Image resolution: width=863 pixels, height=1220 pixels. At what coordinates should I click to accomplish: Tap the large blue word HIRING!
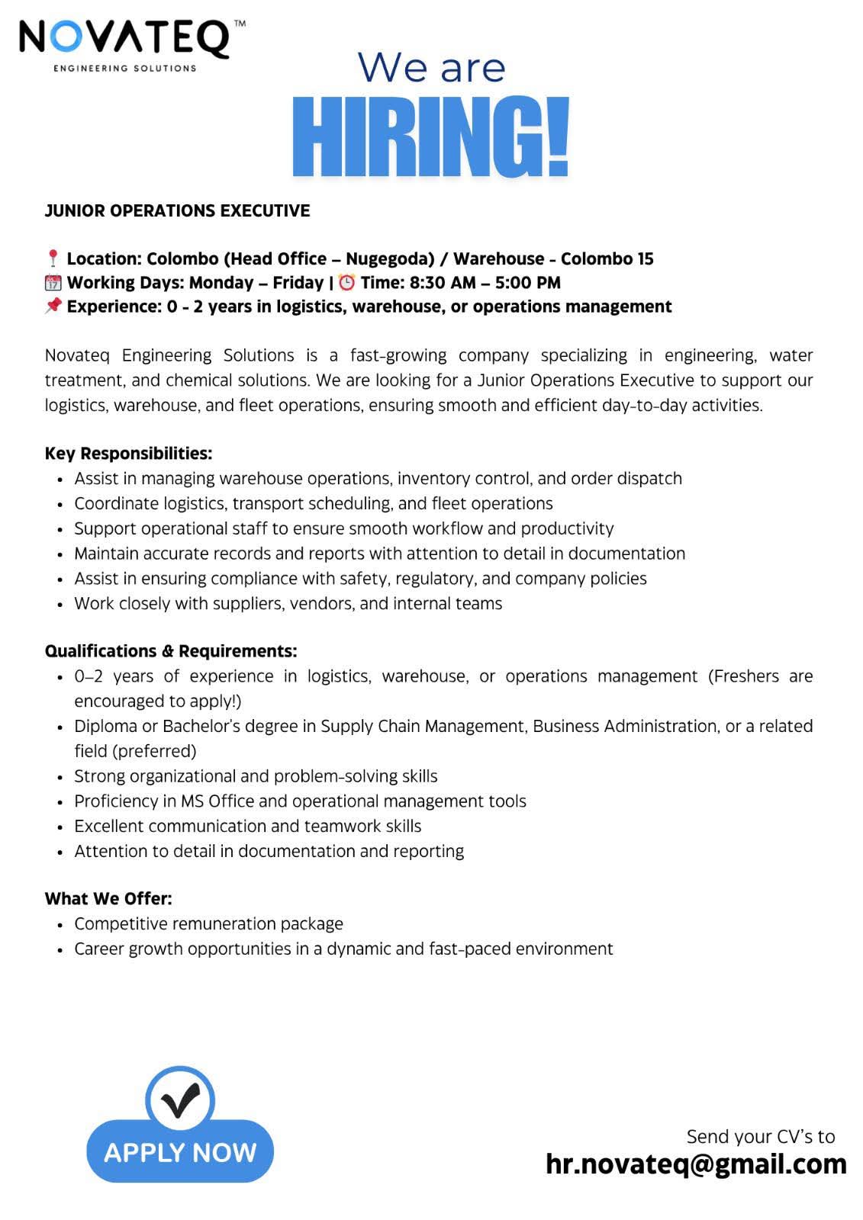click(x=431, y=137)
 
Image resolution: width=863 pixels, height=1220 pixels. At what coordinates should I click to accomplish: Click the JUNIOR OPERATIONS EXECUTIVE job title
click(x=177, y=211)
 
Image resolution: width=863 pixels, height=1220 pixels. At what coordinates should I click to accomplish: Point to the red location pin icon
click(x=53, y=259)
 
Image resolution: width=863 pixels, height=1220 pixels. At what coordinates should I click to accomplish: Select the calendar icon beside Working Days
click(x=53, y=283)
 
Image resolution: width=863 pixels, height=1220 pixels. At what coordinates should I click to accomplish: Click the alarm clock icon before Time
click(x=347, y=283)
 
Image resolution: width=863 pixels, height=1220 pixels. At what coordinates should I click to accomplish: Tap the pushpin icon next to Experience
click(x=53, y=307)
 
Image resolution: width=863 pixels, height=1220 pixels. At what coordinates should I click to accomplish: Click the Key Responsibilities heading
click(x=128, y=454)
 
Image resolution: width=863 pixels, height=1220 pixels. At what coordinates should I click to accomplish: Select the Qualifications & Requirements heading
click(x=171, y=651)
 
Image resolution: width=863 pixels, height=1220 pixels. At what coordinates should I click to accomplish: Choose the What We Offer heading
click(x=108, y=899)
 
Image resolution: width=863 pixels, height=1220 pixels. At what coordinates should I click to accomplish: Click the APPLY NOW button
click(x=180, y=1152)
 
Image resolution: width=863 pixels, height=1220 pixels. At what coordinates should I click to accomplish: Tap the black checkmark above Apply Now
click(x=181, y=1100)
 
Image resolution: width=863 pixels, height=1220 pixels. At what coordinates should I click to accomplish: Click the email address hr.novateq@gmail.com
click(x=696, y=1164)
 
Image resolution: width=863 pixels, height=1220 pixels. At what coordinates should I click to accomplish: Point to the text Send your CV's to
click(x=761, y=1137)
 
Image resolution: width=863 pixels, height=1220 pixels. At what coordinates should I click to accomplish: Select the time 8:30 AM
click(x=443, y=283)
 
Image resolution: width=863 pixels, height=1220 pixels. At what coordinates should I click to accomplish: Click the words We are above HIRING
click(x=432, y=67)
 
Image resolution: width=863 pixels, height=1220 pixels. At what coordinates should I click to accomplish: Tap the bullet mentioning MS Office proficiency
click(x=300, y=801)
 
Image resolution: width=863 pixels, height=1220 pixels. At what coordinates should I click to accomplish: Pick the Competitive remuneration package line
click(x=208, y=924)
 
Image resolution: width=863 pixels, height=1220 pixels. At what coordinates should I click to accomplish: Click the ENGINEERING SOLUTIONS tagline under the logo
click(x=124, y=69)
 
